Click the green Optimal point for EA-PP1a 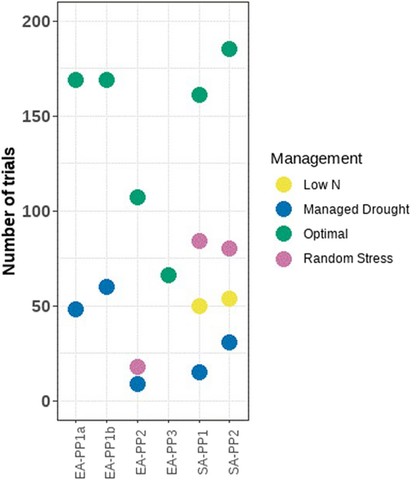tap(76, 80)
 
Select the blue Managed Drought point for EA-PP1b tap(107, 287)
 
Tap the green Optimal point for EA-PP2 tap(137, 197)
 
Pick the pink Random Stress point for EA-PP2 tap(137, 367)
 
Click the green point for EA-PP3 tap(168, 275)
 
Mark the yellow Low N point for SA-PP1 tap(199, 306)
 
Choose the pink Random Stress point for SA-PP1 tap(199, 241)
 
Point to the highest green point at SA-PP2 tap(229, 49)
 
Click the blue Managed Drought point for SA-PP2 tap(229, 342)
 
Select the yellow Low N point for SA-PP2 tap(229, 299)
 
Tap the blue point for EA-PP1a tap(76, 309)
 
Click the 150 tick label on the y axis tap(37, 116)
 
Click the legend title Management tap(317, 158)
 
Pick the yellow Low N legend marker tap(284, 185)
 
